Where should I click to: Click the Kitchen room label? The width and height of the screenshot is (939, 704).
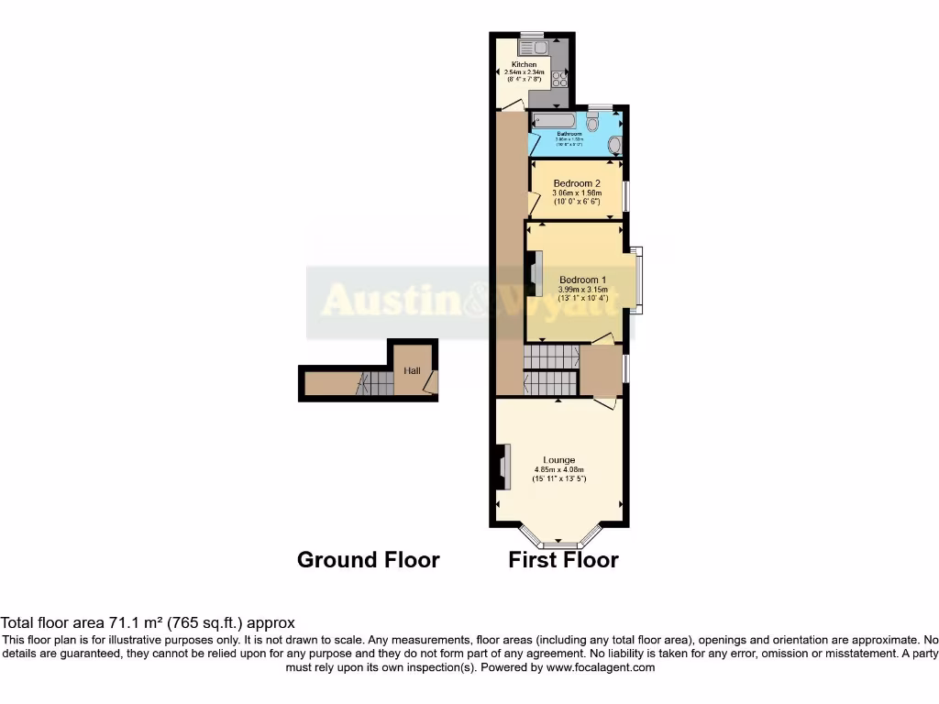525,65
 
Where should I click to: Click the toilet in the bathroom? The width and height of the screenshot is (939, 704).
592,123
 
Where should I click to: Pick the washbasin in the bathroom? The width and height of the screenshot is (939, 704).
614,145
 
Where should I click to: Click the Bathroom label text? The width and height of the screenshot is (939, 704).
569,134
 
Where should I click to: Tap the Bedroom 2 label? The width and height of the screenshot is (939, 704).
577,183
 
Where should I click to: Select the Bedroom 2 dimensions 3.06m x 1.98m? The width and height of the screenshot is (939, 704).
577,193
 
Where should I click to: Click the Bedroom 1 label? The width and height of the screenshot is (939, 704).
583,280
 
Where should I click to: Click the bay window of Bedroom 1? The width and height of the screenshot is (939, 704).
636,280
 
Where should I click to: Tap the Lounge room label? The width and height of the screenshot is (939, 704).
558,460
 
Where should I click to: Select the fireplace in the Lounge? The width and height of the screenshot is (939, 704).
503,467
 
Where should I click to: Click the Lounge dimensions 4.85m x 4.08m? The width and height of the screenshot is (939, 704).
558,470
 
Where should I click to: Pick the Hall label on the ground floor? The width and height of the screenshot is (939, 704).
412,370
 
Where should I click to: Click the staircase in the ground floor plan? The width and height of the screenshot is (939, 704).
375,383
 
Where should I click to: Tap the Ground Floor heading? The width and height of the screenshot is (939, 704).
368,560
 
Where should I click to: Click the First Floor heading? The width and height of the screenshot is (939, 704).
563,560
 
